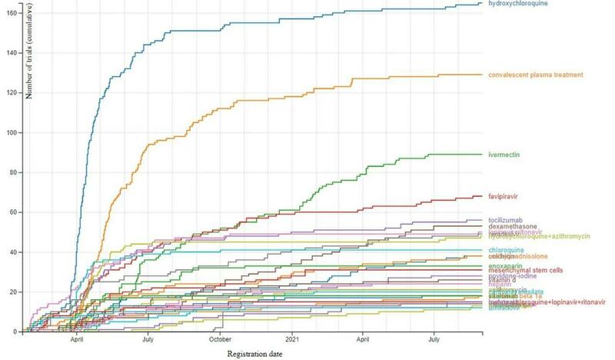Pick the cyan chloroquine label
click(x=507, y=251)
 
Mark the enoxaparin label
click(x=507, y=266)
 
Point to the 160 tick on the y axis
click(x=18, y=13)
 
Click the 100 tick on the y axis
click(x=18, y=132)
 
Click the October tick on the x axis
click(x=220, y=338)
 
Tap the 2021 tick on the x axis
click(x=292, y=338)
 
